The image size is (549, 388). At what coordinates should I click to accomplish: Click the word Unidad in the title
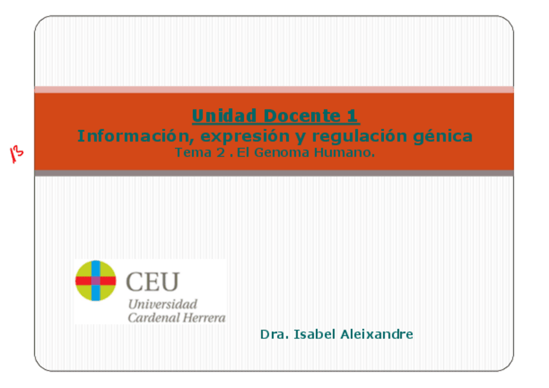(225, 116)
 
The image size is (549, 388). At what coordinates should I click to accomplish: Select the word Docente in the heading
(302, 116)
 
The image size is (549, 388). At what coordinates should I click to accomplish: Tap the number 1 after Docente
(353, 116)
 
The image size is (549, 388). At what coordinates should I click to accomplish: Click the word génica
(443, 136)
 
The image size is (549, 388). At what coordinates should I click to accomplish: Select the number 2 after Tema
(221, 153)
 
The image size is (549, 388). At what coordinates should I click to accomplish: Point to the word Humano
(344, 153)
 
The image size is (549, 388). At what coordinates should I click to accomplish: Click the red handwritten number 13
(16, 154)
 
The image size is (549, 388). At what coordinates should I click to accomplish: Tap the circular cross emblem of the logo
(96, 281)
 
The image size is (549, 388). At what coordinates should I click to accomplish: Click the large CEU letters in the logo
(153, 282)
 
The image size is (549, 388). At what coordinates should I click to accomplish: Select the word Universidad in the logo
(162, 305)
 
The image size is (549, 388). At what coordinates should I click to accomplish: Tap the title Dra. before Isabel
(274, 334)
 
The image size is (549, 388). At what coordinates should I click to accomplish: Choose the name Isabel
(315, 334)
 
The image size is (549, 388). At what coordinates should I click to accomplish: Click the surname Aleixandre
(377, 334)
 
